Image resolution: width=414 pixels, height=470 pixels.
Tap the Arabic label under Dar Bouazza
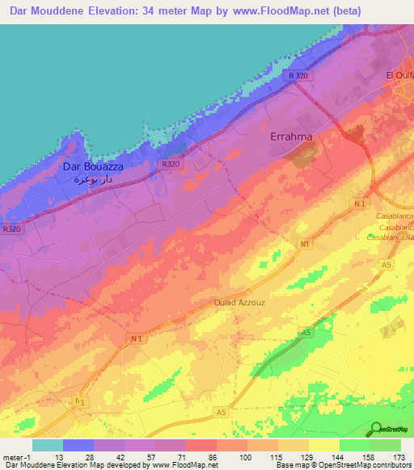coord(89,179)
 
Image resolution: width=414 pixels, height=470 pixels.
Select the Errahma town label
coord(290,137)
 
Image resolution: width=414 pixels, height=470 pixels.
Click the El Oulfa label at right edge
coord(399,75)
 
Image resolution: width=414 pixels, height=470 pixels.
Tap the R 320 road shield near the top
coord(298,75)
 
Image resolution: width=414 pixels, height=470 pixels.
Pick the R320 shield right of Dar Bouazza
coord(170,164)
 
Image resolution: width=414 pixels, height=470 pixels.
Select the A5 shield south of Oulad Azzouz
coord(305,332)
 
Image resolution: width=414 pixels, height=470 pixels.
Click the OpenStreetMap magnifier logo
coord(376,429)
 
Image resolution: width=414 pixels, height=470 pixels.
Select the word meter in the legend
coord(13,456)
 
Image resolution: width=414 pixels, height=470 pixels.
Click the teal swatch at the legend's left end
coord(48,445)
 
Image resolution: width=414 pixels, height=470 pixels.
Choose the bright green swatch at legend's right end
coord(385,445)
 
